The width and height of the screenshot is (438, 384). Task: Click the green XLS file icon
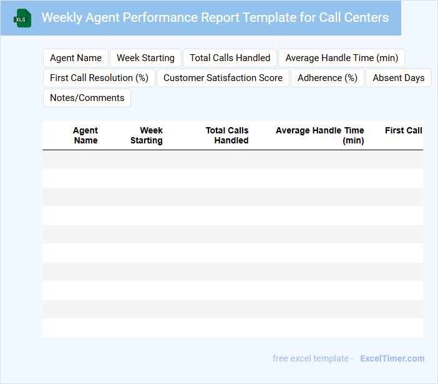pos(23,18)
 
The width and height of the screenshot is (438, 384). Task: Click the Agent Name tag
pos(75,58)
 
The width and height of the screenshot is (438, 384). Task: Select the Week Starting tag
pos(145,58)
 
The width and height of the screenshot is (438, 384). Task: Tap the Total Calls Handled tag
pos(230,58)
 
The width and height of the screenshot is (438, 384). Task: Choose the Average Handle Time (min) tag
pos(341,58)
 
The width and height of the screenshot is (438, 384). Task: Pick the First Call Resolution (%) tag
pos(99,78)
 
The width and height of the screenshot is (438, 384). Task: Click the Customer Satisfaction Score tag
pos(223,78)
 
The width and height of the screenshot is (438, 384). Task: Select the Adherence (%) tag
pos(328,78)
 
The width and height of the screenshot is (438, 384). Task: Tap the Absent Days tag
pos(399,78)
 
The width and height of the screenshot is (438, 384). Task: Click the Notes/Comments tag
pos(87,98)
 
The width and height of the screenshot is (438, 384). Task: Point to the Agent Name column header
pos(85,135)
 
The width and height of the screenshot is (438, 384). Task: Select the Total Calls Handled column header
pos(228,135)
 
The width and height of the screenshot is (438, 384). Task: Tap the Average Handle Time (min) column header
pos(320,135)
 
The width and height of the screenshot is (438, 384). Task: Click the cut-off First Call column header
pos(404,130)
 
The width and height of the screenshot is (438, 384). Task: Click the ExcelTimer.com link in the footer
pos(392,358)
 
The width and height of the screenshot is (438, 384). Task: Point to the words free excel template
pos(310,358)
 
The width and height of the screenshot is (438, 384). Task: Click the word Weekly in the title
pos(61,17)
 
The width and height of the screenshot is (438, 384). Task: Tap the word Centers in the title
pos(366,17)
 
